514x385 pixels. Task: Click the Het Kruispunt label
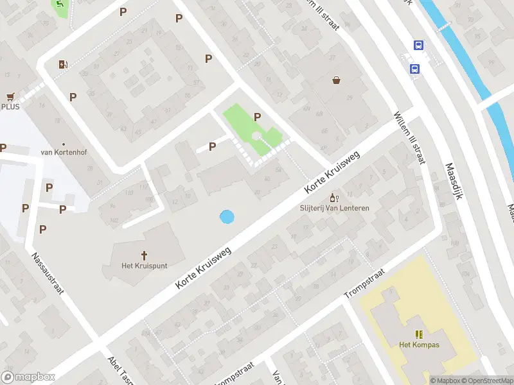point(144,265)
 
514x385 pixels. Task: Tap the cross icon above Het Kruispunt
point(144,254)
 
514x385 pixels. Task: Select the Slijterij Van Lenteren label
point(334,208)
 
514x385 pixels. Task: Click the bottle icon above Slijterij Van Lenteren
point(333,197)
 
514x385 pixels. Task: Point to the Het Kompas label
point(419,345)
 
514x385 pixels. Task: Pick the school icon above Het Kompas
point(419,334)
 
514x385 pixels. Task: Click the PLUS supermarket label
point(10,107)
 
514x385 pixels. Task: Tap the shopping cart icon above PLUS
point(10,97)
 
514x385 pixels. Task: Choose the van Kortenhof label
point(63,152)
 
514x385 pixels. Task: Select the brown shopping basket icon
point(336,81)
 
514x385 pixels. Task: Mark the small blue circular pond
point(227,217)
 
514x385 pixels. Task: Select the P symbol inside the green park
point(258,117)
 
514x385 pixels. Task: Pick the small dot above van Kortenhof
point(63,144)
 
